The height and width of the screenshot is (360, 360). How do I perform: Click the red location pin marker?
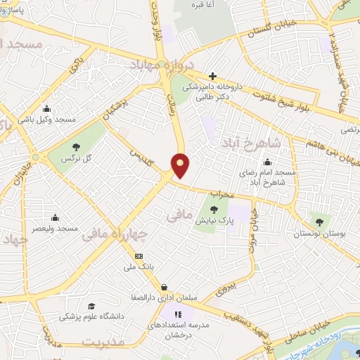click(x=181, y=165)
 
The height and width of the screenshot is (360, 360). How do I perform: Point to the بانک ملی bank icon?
click(x=139, y=256)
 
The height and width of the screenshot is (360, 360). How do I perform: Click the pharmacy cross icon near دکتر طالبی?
click(x=212, y=76)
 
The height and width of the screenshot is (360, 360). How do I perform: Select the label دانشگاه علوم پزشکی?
click(x=91, y=317)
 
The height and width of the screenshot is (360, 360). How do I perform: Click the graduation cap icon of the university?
click(x=91, y=306)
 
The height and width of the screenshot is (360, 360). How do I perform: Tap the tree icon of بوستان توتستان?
click(x=323, y=221)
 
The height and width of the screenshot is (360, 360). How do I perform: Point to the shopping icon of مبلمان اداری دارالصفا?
click(x=164, y=287)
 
